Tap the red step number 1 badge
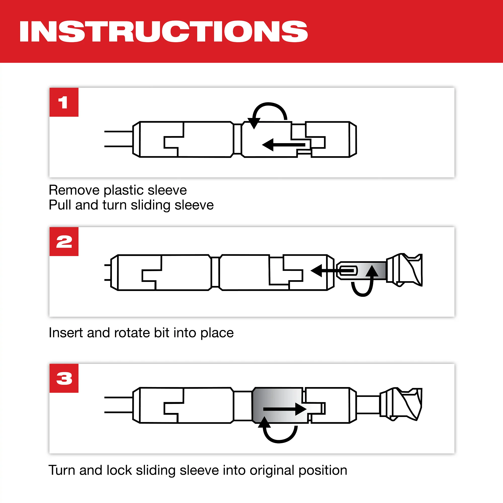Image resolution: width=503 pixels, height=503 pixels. click(64, 102)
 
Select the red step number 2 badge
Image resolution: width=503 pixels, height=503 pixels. click(64, 241)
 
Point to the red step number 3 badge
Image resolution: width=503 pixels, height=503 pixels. click(64, 378)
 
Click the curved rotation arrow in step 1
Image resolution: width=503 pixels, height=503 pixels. click(269, 104)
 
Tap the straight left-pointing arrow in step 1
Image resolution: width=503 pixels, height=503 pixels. click(283, 145)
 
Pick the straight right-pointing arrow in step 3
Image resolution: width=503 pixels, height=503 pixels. click(285, 409)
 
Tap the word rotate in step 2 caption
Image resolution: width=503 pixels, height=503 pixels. click(132, 333)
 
